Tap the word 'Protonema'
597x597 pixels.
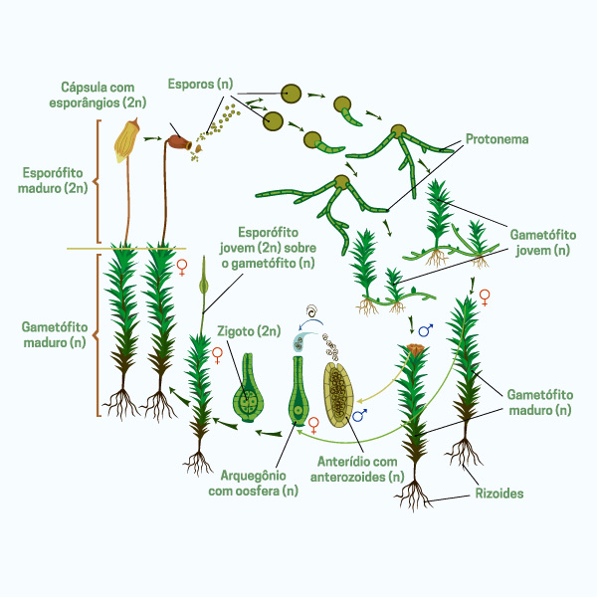coord(497,139)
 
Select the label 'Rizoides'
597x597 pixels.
coord(499,493)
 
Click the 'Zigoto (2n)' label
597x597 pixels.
coord(249,330)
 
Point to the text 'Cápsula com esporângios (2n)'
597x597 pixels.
coord(103,95)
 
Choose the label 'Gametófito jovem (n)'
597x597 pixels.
coord(541,242)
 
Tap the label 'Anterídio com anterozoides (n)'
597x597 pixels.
coord(357,469)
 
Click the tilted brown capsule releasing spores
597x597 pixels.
coord(180,143)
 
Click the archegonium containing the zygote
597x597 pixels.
coord(249,393)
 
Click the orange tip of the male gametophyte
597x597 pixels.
coord(414,352)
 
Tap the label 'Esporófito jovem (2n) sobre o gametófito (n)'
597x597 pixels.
coord(266,247)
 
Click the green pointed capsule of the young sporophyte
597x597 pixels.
coord(204,285)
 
